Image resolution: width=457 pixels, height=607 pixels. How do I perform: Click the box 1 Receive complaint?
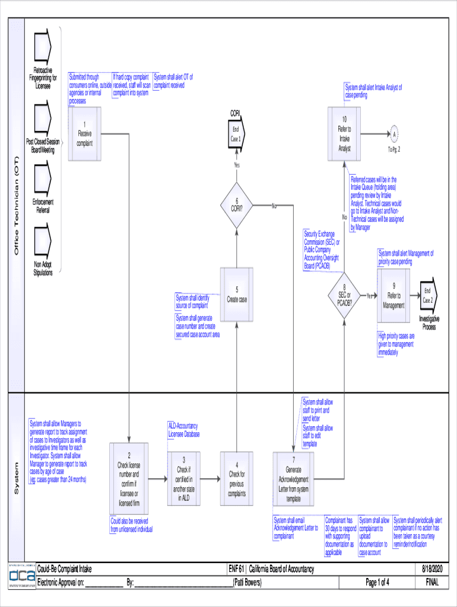(85, 134)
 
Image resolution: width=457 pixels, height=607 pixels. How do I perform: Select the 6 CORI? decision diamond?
(237, 205)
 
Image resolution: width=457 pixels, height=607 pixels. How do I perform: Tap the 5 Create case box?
(237, 295)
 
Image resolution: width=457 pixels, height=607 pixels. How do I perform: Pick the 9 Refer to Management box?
(393, 295)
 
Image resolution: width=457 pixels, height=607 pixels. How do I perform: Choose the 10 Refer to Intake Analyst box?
(344, 134)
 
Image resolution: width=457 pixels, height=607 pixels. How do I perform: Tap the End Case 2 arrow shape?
(428, 295)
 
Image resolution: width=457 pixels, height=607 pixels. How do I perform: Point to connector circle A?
(394, 134)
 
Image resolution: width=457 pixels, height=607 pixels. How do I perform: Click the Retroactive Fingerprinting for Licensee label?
(43, 78)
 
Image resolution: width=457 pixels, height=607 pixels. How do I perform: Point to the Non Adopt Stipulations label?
(43, 269)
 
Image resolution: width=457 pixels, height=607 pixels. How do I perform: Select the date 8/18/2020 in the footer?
(432, 570)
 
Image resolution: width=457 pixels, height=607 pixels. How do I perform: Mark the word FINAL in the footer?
(432, 582)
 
